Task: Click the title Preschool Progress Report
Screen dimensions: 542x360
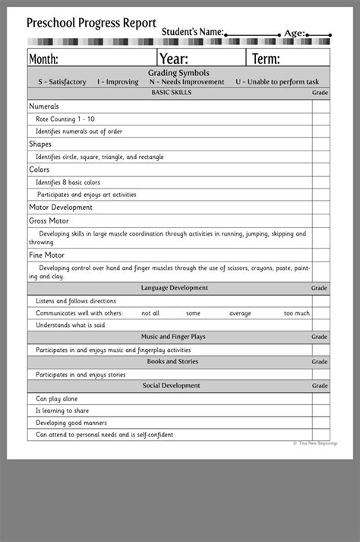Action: pyautogui.click(x=91, y=23)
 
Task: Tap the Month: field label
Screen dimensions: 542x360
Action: pyautogui.click(x=43, y=59)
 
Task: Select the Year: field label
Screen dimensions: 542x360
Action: pyautogui.click(x=174, y=59)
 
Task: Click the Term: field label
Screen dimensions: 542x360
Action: pyautogui.click(x=266, y=59)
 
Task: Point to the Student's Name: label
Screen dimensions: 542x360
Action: pyautogui.click(x=192, y=33)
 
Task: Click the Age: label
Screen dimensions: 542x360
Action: pyautogui.click(x=294, y=33)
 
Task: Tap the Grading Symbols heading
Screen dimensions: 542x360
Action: pyautogui.click(x=178, y=73)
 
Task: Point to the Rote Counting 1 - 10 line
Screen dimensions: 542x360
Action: pyautogui.click(x=65, y=119)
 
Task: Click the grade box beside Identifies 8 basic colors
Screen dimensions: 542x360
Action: pyautogui.click(x=321, y=182)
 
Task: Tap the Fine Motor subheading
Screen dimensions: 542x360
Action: pyautogui.click(x=47, y=255)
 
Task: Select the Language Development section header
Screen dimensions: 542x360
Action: pyautogui.click(x=174, y=288)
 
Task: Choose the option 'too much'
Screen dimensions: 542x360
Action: pyautogui.click(x=297, y=313)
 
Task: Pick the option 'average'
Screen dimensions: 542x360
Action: pyautogui.click(x=240, y=313)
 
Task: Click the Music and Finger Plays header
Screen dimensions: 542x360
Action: pyautogui.click(x=173, y=337)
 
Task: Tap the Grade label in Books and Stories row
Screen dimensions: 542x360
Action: pyautogui.click(x=320, y=362)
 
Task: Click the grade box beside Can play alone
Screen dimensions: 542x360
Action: pyautogui.click(x=321, y=398)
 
